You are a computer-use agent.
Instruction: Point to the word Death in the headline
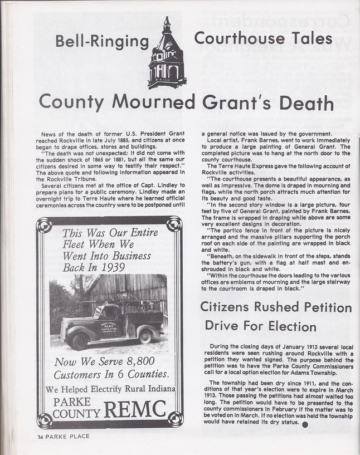tap(305, 103)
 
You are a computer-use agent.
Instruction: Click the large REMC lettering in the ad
tap(135, 410)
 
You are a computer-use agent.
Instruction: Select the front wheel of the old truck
tap(79, 339)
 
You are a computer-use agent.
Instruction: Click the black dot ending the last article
tap(305, 425)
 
